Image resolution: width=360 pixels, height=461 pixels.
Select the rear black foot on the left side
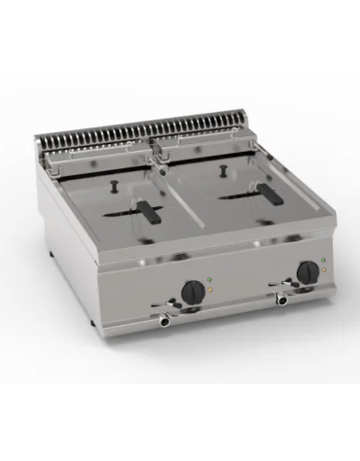tap(51, 258)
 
